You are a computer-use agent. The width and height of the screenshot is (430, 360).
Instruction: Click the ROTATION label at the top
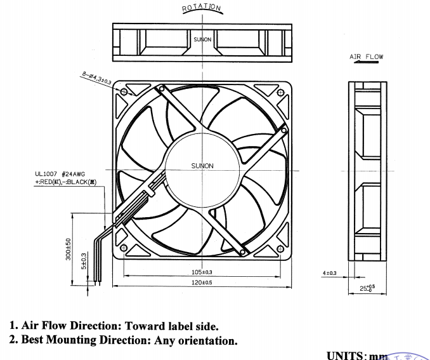point(202,8)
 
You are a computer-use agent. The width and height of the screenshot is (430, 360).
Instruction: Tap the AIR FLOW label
point(367,57)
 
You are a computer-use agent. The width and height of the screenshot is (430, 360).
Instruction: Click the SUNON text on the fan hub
point(202,166)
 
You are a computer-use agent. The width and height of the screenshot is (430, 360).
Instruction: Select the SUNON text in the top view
point(202,39)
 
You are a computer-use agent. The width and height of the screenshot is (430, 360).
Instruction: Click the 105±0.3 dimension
point(202,272)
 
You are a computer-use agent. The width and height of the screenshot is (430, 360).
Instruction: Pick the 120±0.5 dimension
point(202,282)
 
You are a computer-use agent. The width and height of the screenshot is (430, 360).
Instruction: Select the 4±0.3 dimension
point(330,273)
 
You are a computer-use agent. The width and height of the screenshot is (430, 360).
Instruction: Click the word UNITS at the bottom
point(345,355)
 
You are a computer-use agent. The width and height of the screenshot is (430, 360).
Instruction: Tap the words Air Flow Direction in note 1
point(65,326)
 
